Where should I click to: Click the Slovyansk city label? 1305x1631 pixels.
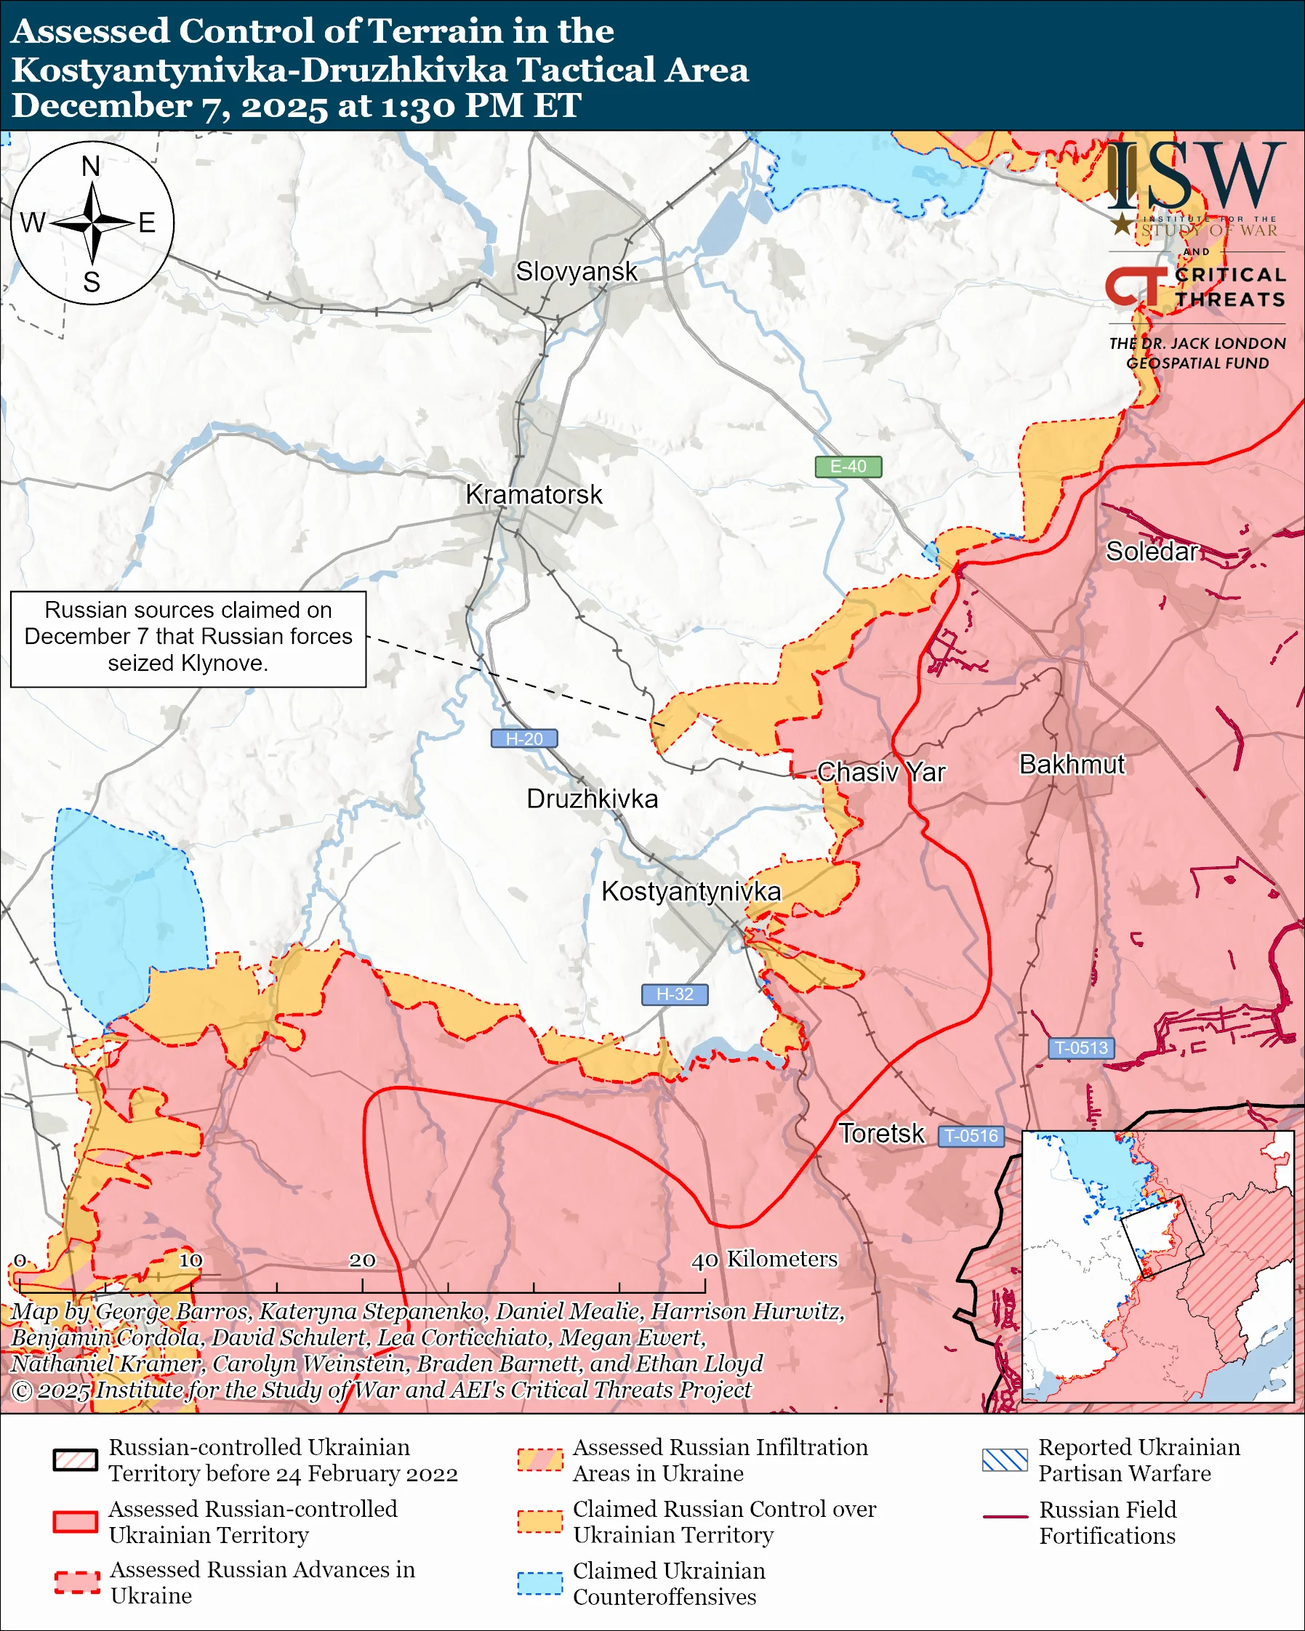pyautogui.click(x=577, y=272)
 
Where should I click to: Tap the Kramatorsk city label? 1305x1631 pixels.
pyautogui.click(x=534, y=495)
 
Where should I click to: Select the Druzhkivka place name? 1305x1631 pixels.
pyautogui.click(x=592, y=799)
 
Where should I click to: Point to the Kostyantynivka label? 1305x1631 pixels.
pyautogui.click(x=691, y=891)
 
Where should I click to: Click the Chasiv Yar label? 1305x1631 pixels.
pyautogui.click(x=880, y=773)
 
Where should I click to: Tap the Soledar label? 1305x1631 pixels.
pyautogui.click(x=1152, y=552)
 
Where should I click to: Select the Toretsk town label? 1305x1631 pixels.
pyautogui.click(x=881, y=1133)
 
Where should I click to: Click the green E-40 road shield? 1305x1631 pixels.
pyautogui.click(x=848, y=467)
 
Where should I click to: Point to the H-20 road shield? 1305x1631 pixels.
pyautogui.click(x=524, y=738)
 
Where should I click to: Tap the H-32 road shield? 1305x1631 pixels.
pyautogui.click(x=674, y=994)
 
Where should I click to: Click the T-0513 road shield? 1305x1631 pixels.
pyautogui.click(x=1080, y=1048)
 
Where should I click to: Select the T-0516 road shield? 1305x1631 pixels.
pyautogui.click(x=971, y=1135)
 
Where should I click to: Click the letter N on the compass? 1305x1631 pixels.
pyautogui.click(x=91, y=166)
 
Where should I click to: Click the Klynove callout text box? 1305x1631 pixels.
pyautogui.click(x=188, y=638)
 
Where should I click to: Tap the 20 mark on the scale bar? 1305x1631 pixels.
pyautogui.click(x=361, y=1260)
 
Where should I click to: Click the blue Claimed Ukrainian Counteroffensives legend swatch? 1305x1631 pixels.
pyautogui.click(x=539, y=1583)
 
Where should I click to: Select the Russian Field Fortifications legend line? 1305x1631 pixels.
pyautogui.click(x=1005, y=1517)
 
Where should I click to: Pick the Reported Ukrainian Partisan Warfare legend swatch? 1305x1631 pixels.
pyautogui.click(x=1005, y=1460)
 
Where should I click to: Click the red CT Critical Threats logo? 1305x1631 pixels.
pyautogui.click(x=1135, y=286)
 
